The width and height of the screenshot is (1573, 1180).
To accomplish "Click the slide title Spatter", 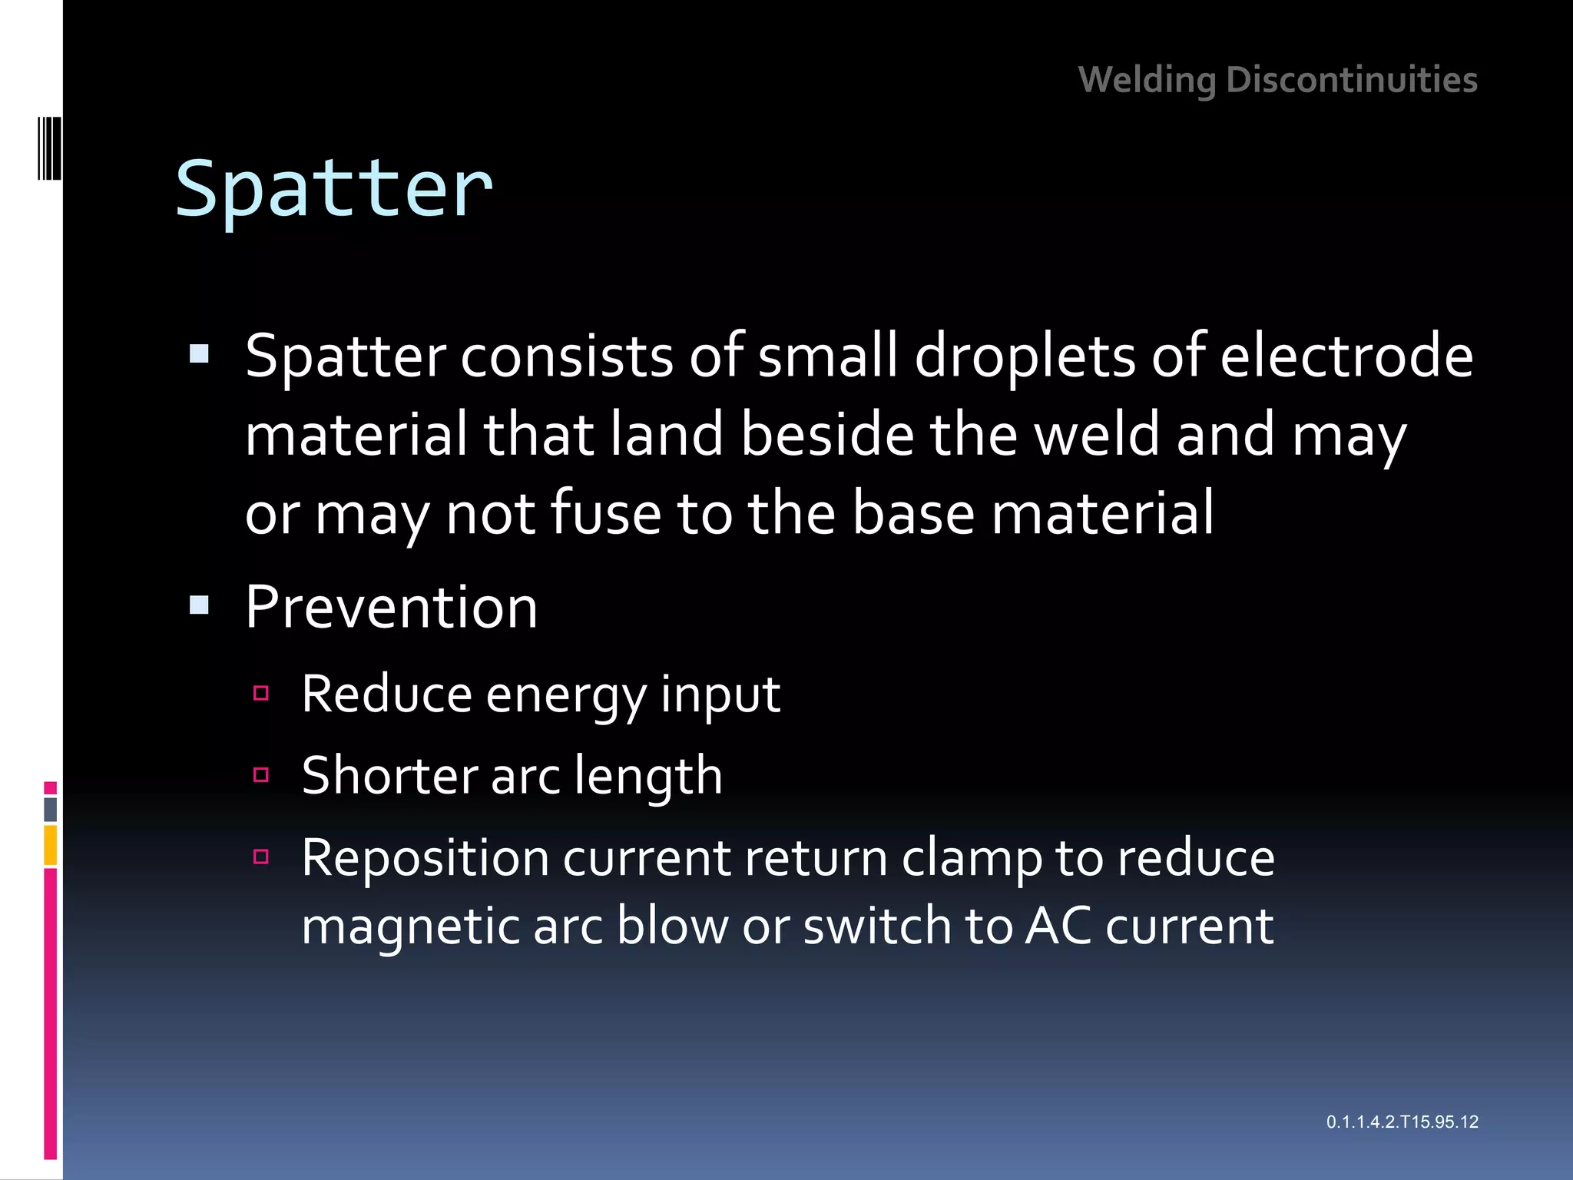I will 333,189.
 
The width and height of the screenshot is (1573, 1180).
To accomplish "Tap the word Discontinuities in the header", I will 1352,80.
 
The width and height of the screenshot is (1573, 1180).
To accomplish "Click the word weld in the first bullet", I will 1098,435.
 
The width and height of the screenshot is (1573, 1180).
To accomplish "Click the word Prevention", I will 391,607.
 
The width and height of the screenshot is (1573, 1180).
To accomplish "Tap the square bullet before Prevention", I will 199,606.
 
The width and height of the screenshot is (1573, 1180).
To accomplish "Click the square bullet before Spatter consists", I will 199,354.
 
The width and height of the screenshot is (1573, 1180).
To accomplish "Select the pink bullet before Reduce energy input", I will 261,694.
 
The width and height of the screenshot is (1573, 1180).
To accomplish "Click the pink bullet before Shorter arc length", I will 261,774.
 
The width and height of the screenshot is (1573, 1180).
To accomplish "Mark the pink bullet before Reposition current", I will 261,857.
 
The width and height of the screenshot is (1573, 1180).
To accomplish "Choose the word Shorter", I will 389,775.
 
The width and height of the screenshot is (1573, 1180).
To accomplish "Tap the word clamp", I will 971,857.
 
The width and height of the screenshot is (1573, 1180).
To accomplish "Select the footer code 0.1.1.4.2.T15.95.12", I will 1402,1122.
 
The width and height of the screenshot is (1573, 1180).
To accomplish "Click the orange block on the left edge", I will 51,845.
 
